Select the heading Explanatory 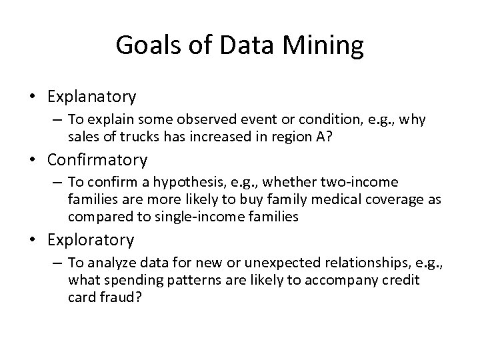92,97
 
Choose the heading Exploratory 91,239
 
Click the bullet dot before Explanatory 33,97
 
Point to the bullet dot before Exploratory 33,240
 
